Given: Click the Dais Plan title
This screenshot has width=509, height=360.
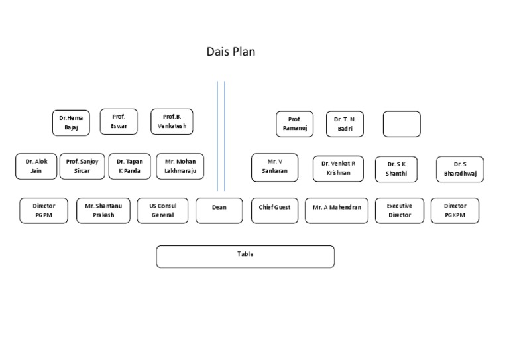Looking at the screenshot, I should click(231, 52).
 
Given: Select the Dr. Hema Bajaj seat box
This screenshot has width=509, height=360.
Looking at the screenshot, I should click(71, 123).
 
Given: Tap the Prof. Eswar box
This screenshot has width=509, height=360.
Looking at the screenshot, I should click(119, 121).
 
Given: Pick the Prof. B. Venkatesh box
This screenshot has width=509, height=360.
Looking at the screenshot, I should click(172, 121).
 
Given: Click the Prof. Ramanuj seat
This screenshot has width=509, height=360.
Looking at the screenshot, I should click(294, 124).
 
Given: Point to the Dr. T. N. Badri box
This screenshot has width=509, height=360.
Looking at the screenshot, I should click(345, 124).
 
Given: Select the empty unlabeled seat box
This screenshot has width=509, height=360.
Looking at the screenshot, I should click(401, 124).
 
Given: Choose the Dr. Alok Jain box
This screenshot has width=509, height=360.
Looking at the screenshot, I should click(36, 166).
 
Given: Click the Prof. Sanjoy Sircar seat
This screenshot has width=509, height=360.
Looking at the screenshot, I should click(82, 166).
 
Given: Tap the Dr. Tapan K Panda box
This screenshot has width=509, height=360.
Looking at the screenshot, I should click(129, 166).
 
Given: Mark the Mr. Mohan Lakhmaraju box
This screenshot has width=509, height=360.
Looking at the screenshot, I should click(180, 166).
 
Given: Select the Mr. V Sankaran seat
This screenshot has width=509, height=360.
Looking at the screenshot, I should click(274, 167).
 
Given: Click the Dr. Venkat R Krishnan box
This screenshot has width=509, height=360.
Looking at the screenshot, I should click(338, 168).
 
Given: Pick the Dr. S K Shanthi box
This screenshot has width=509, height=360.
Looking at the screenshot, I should click(396, 169).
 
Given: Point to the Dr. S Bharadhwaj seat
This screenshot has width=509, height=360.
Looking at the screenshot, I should click(460, 169).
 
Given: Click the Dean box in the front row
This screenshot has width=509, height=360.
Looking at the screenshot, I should click(219, 210).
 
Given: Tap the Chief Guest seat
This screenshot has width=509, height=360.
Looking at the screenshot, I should click(274, 210).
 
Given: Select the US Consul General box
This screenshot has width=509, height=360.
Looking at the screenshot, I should click(162, 210).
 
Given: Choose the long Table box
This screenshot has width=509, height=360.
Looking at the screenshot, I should click(245, 256).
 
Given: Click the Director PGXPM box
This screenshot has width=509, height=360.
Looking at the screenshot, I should click(455, 210).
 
